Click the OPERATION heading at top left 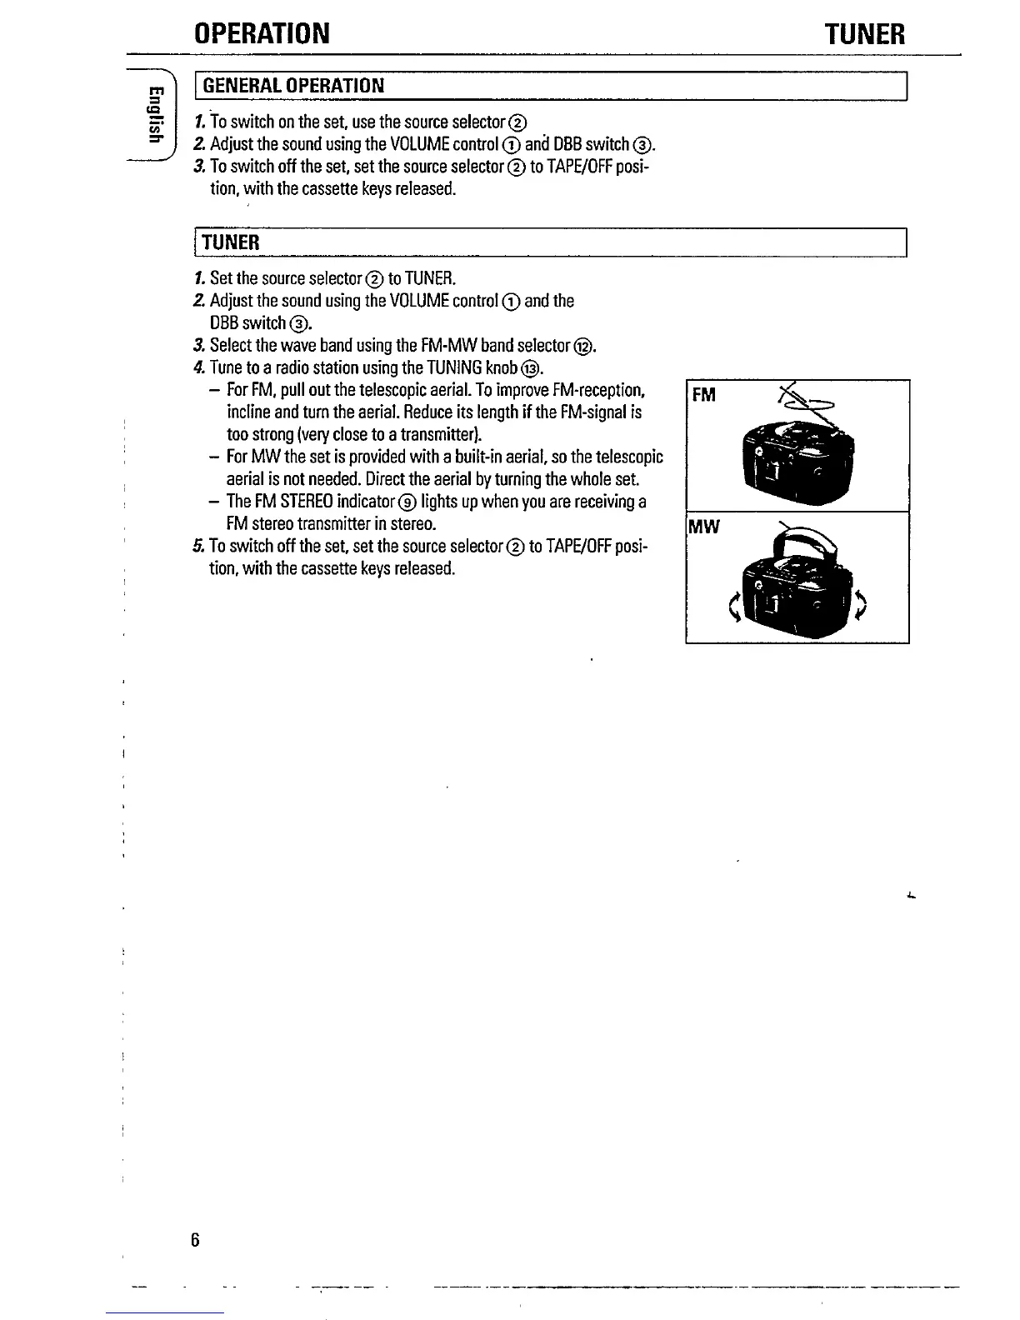pos(262,34)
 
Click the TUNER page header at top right pos(863,34)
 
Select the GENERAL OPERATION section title pos(293,86)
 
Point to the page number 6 pos(195,1239)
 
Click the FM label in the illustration pos(704,395)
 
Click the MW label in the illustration pos(703,527)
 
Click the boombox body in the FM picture pos(796,462)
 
